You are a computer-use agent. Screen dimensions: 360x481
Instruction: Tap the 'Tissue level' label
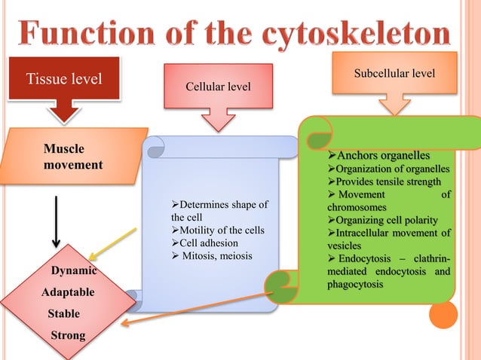tap(64, 79)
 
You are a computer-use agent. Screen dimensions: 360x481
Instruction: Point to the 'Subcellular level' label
tap(396, 75)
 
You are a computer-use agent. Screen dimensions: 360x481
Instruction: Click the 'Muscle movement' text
tap(73, 156)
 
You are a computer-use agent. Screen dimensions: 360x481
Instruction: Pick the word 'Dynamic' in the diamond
tap(72, 270)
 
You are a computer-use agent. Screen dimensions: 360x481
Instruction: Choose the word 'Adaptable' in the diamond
tap(68, 291)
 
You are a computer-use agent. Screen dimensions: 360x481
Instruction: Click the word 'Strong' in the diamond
tap(67, 334)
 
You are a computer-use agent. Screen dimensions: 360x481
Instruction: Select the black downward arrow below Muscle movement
tap(57, 223)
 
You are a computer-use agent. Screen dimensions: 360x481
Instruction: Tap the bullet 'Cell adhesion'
tap(205, 243)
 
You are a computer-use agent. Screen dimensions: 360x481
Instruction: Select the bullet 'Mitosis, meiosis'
tap(212, 256)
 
